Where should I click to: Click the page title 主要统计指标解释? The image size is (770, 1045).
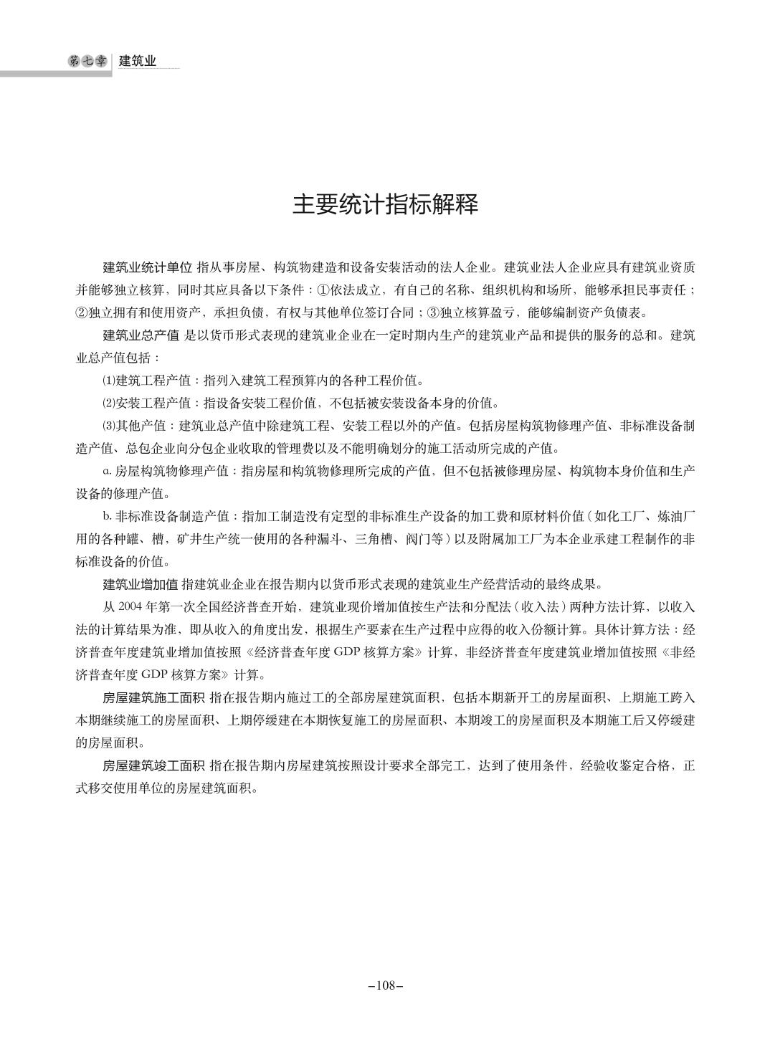[385, 205]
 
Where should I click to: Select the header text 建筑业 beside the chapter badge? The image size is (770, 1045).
[138, 61]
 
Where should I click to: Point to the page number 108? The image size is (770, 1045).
[385, 986]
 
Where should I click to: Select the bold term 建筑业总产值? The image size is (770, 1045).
[141, 335]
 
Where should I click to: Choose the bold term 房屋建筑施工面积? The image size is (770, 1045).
[154, 697]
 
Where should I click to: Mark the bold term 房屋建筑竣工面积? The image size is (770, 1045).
[154, 765]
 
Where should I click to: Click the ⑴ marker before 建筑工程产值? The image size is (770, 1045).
[109, 380]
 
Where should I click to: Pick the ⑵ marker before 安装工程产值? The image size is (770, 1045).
[109, 402]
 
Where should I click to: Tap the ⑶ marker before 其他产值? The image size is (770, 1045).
[109, 425]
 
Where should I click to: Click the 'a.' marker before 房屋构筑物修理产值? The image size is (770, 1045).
[108, 471]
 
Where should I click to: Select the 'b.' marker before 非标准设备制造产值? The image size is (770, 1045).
[108, 516]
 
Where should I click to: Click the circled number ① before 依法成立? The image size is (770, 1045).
[323, 290]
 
